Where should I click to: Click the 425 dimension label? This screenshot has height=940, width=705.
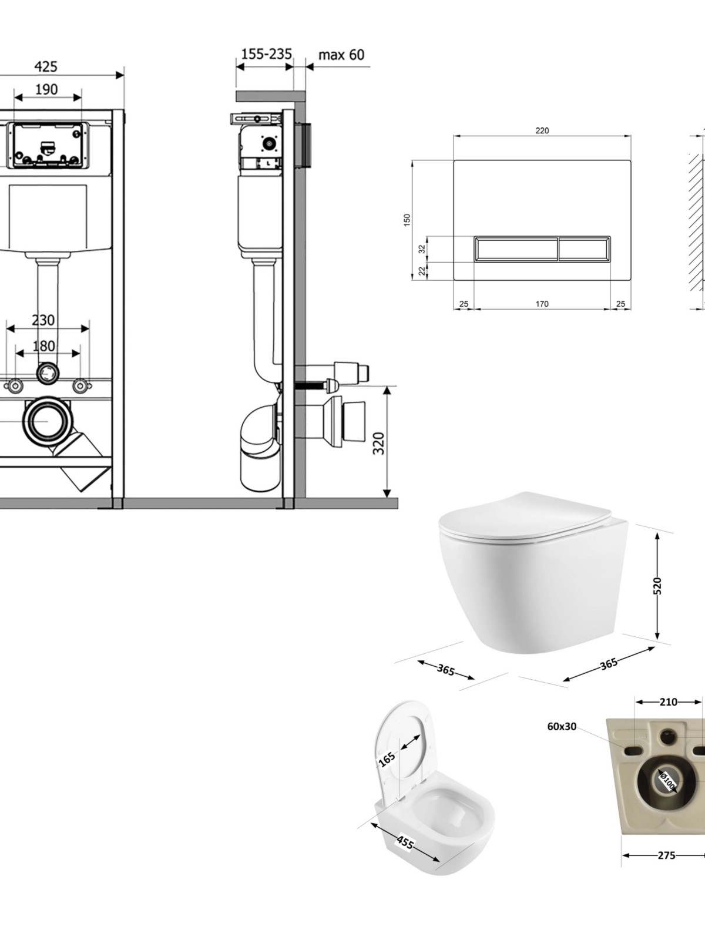(45, 67)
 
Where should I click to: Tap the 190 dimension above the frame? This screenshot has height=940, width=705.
(46, 89)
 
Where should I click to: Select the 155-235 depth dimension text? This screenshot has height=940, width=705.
(267, 55)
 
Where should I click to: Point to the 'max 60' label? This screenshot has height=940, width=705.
(341, 55)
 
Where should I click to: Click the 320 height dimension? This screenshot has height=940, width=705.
(379, 444)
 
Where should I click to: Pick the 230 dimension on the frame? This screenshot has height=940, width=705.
(43, 320)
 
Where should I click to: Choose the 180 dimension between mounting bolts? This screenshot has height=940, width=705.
(44, 345)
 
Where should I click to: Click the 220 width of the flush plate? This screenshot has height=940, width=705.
(542, 131)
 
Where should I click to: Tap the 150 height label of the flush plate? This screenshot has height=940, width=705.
(407, 220)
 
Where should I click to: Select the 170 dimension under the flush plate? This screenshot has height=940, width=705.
(542, 304)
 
